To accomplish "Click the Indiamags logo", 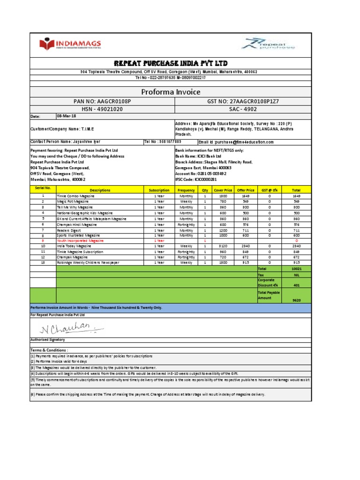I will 70,45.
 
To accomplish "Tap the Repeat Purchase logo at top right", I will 268,45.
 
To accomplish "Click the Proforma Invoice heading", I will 171,91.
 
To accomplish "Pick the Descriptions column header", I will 100,190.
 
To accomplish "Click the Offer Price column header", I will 246,190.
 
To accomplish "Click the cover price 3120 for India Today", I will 223,246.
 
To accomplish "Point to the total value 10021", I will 296,269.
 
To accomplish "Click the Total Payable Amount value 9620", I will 296,300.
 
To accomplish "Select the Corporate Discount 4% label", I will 268,282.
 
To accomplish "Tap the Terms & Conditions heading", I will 49,350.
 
